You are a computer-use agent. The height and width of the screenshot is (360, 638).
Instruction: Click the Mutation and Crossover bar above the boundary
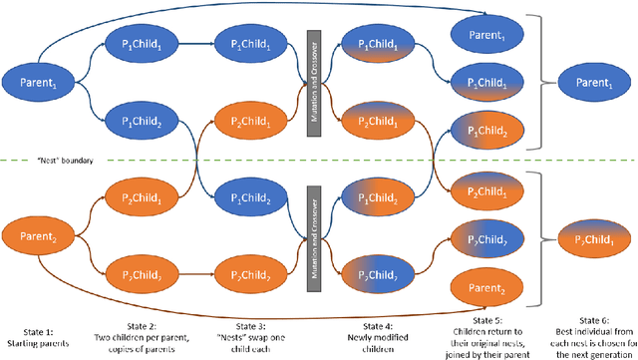tap(311, 81)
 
